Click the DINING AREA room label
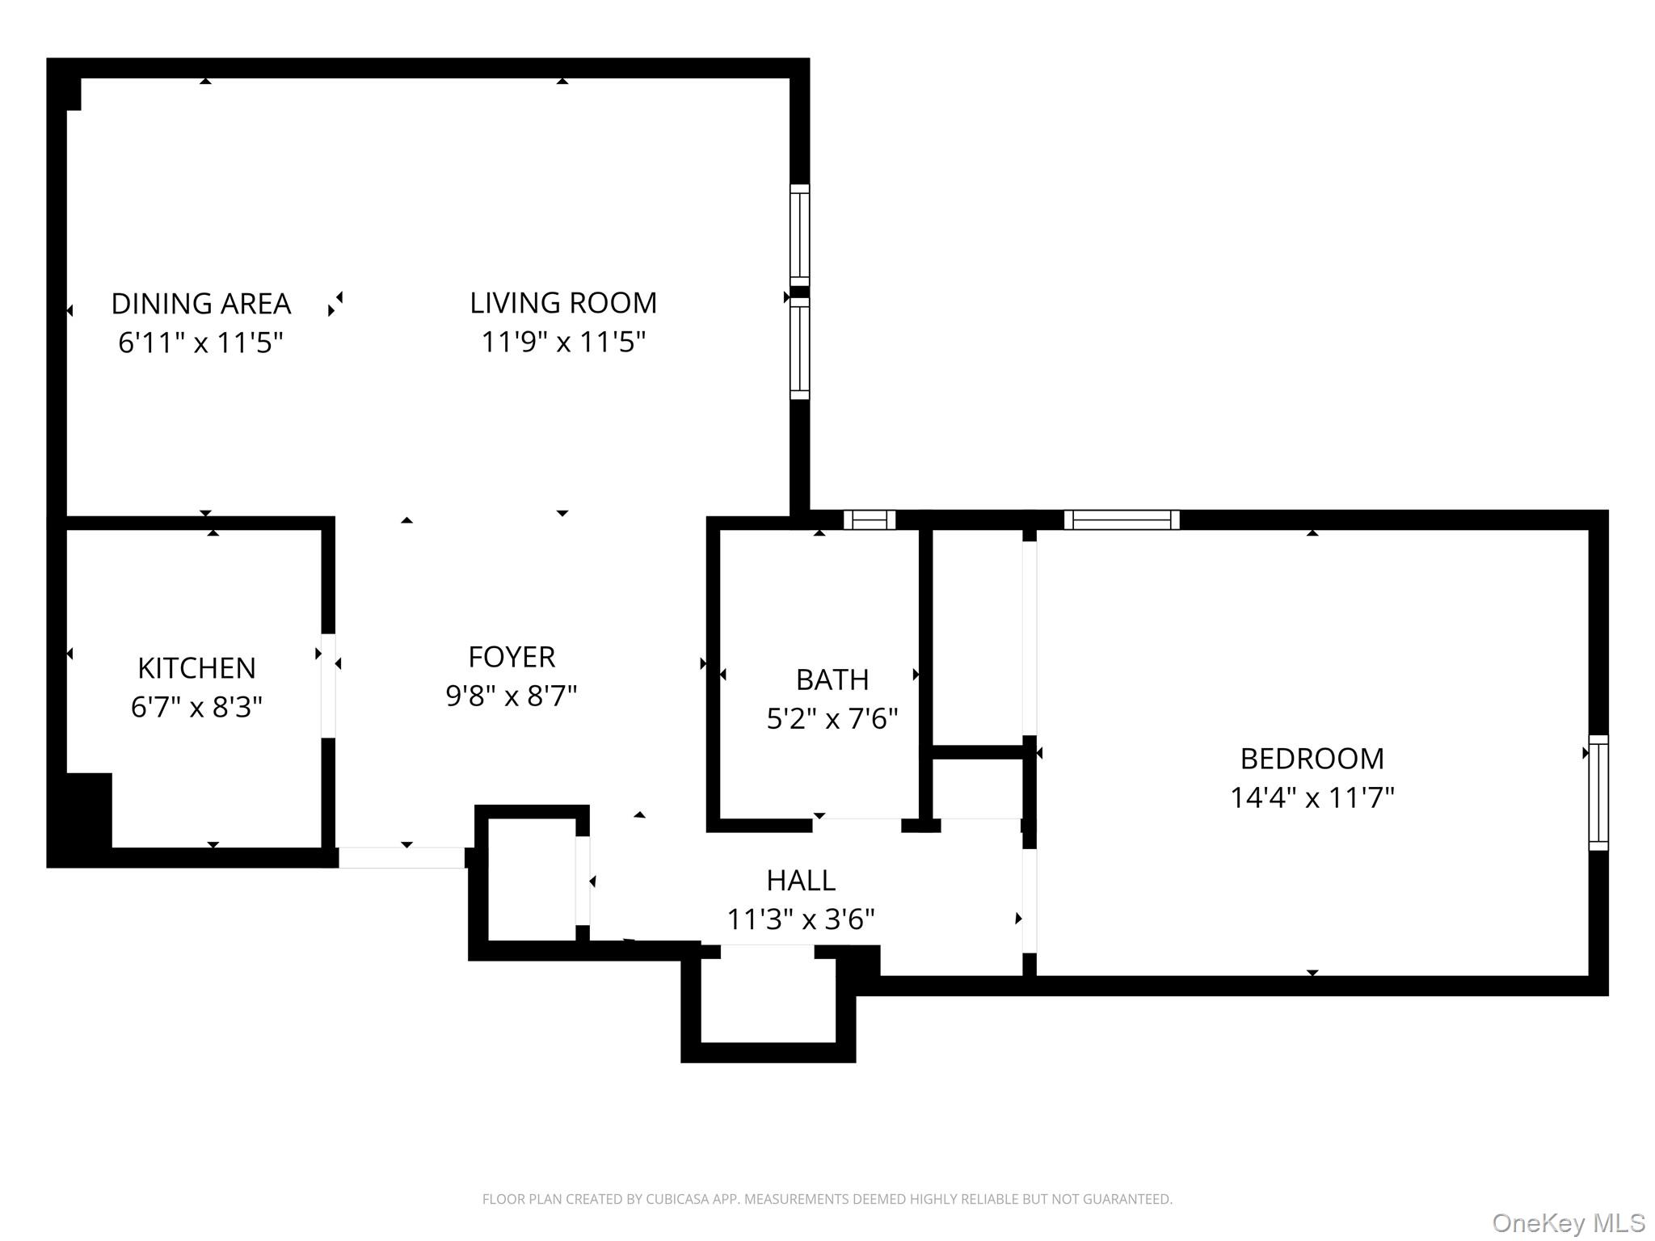coord(200,304)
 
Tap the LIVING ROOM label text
coord(563,303)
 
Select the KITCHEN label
coord(196,668)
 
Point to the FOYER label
coord(512,657)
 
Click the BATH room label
coord(832,679)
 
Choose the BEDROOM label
coord(1312,759)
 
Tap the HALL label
coord(801,880)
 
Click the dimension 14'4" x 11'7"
coord(1312,797)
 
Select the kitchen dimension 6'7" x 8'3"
coord(196,707)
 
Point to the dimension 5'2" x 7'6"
coord(832,718)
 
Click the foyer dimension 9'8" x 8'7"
coord(512,696)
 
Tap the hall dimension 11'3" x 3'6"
coord(801,919)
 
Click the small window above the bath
coord(870,520)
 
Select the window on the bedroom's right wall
coord(1598,793)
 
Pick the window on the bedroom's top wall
coord(1122,520)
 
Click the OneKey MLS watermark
coord(1569,1223)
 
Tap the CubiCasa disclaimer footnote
coord(827,1199)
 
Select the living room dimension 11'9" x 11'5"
coord(563,342)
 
